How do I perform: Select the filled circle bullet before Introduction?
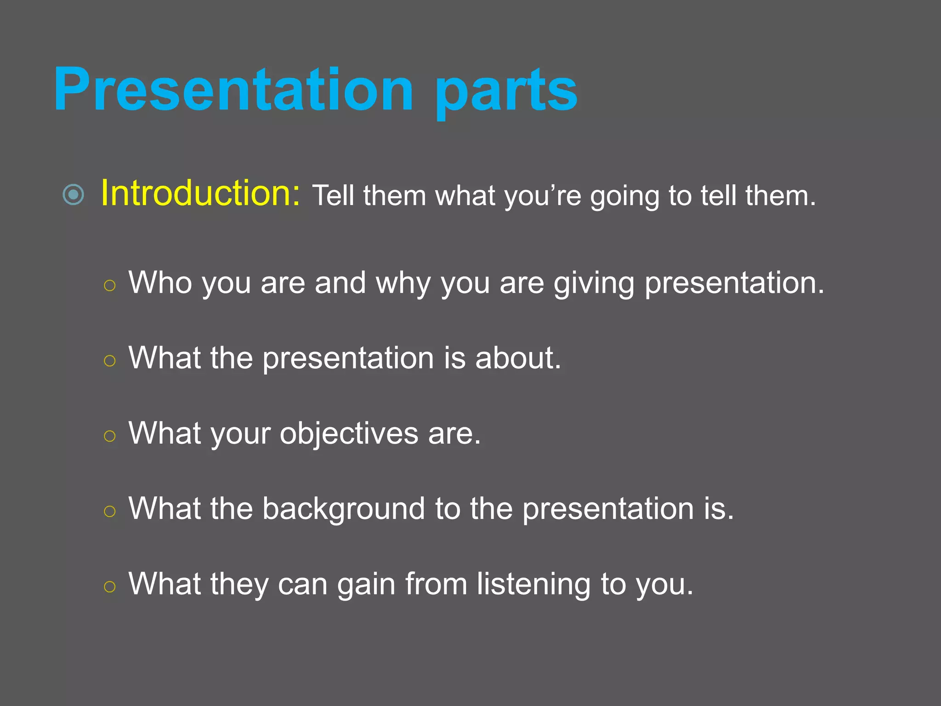pyautogui.click(x=74, y=194)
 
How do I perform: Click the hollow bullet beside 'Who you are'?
pyautogui.click(x=109, y=286)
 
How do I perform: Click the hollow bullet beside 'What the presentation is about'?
pyautogui.click(x=109, y=361)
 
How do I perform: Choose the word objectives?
pyautogui.click(x=349, y=434)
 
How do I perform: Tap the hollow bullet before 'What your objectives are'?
pyautogui.click(x=109, y=436)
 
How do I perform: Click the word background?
pyautogui.click(x=343, y=509)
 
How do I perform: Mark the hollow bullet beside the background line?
pyautogui.click(x=109, y=511)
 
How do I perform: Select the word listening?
pyautogui.click(x=533, y=585)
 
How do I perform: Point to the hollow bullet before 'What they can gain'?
pyautogui.click(x=109, y=586)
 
